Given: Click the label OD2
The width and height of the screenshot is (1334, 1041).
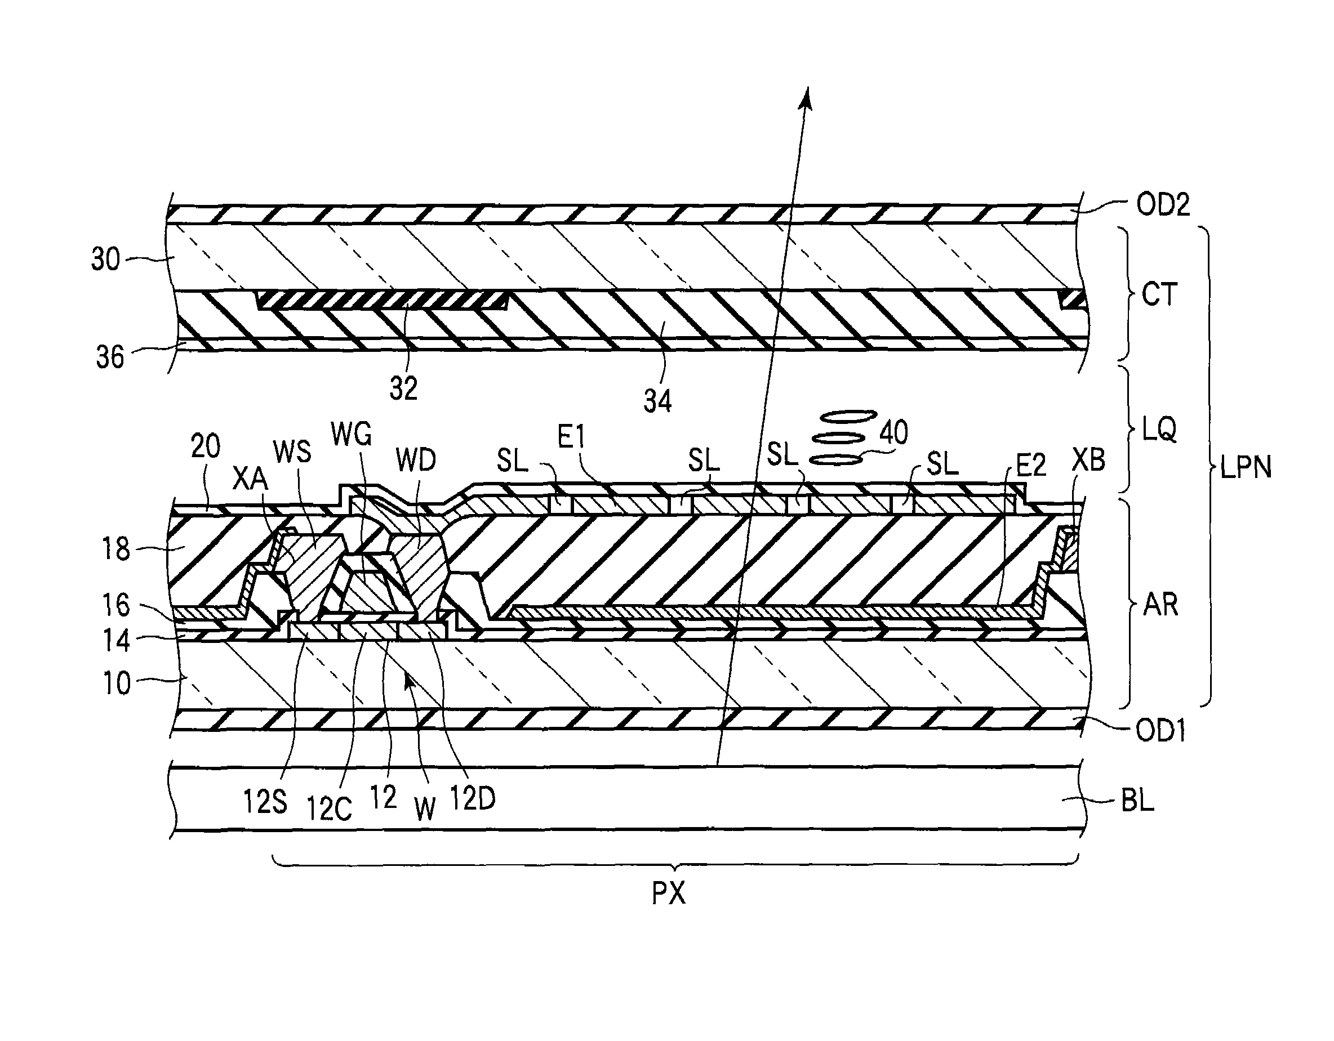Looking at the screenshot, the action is (1163, 204).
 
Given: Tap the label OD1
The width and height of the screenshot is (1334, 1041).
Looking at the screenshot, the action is (1160, 731).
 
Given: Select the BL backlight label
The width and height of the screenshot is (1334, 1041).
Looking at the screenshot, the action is (1137, 801).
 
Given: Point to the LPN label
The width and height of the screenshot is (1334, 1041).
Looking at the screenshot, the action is (1246, 468).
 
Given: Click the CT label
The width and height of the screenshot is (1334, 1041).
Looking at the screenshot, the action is (1159, 295).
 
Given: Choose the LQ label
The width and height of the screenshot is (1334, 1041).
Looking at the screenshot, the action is (1159, 430).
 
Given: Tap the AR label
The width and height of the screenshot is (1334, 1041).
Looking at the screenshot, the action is (1160, 605).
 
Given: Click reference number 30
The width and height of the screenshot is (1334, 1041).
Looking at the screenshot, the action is (106, 260).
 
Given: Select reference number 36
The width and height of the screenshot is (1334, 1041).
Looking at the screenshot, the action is (110, 357).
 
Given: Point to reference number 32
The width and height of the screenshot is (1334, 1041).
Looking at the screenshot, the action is (403, 388).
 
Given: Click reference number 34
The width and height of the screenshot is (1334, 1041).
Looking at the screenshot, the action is (657, 402).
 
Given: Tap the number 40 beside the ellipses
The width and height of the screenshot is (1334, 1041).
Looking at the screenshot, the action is (893, 432).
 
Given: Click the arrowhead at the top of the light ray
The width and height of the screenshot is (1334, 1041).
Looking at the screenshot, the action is (807, 98).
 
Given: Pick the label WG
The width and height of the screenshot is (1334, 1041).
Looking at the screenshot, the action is (351, 435).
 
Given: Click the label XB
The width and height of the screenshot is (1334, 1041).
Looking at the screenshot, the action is (1088, 460).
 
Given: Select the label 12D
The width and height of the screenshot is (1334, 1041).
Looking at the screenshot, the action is (472, 798).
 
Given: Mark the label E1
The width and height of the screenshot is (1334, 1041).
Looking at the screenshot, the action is (571, 437).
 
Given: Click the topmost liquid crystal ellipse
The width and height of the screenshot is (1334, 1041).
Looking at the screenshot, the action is (848, 416).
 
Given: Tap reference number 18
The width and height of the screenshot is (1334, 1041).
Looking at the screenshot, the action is (115, 549).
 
